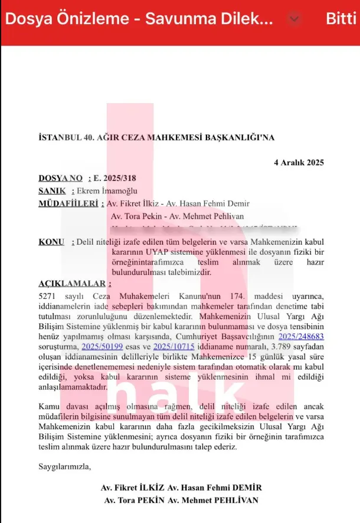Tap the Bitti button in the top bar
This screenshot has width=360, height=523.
[341, 18]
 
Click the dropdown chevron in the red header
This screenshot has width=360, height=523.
[296, 18]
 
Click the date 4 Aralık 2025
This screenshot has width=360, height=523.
[299, 162]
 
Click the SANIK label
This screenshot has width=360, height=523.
[52, 190]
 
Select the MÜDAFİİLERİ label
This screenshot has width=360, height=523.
[68, 203]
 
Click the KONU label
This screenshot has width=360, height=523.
[51, 242]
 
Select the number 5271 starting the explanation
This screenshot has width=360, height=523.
[48, 295]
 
